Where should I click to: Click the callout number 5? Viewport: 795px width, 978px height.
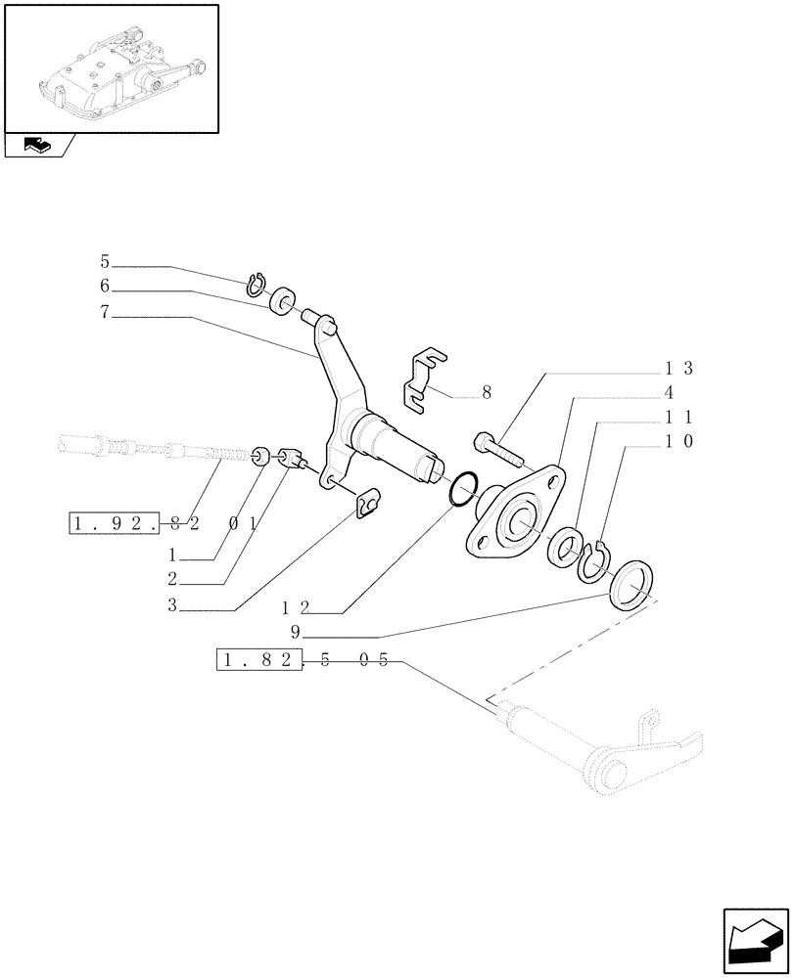point(105,262)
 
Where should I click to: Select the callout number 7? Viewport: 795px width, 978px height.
point(105,313)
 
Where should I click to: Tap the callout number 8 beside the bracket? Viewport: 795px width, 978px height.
point(486,393)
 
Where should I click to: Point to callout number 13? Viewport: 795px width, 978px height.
point(678,368)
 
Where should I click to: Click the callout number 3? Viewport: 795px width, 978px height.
point(171,606)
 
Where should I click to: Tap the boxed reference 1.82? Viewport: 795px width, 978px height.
point(257,661)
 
